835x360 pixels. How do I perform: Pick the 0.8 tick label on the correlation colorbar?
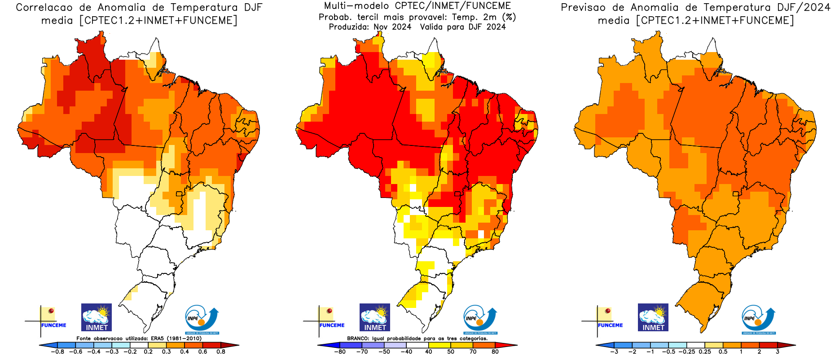(221, 352)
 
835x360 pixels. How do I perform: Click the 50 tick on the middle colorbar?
(450, 352)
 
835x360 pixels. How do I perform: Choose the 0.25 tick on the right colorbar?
(705, 352)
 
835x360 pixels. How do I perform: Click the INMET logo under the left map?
(97, 317)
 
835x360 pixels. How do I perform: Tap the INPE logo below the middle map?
(480, 319)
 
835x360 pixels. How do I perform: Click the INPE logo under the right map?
(758, 319)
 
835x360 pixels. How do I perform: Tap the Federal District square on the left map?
(179, 194)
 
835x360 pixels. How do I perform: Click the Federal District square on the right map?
(736, 194)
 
